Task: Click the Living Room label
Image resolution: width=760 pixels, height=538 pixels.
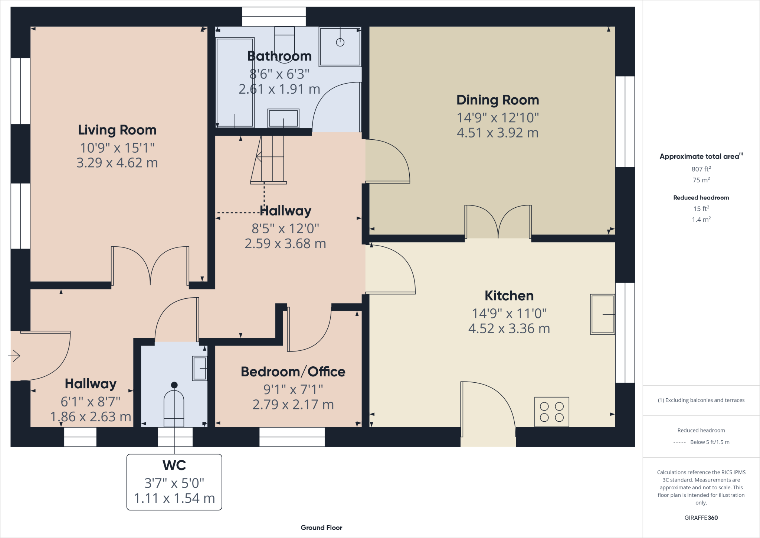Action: click(117, 130)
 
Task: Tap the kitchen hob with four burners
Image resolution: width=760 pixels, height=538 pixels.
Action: click(551, 412)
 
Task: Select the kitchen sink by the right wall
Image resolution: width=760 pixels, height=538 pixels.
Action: click(602, 314)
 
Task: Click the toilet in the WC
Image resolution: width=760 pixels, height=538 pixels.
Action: click(174, 407)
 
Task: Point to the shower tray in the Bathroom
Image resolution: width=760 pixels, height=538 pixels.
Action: click(340, 46)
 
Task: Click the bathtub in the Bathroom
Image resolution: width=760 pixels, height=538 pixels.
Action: click(235, 82)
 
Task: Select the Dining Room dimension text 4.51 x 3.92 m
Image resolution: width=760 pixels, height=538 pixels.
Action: click(497, 133)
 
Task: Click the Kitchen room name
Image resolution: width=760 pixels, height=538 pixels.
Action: click(509, 296)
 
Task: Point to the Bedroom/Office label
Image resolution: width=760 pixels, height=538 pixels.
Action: click(293, 372)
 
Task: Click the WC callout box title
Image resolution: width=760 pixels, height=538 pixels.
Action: click(174, 465)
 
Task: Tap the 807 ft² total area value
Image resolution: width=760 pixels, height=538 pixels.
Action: click(701, 169)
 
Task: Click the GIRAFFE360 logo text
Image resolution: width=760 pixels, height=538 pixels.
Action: click(701, 518)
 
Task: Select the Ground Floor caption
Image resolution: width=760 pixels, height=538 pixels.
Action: click(321, 528)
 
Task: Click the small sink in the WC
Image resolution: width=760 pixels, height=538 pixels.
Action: click(200, 368)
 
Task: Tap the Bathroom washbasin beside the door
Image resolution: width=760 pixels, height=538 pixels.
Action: click(283, 119)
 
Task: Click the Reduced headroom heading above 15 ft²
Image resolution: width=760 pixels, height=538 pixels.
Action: click(701, 198)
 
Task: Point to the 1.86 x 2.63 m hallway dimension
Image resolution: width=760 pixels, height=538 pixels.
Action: click(91, 417)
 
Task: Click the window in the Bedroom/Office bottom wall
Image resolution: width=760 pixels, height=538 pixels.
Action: click(292, 437)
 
